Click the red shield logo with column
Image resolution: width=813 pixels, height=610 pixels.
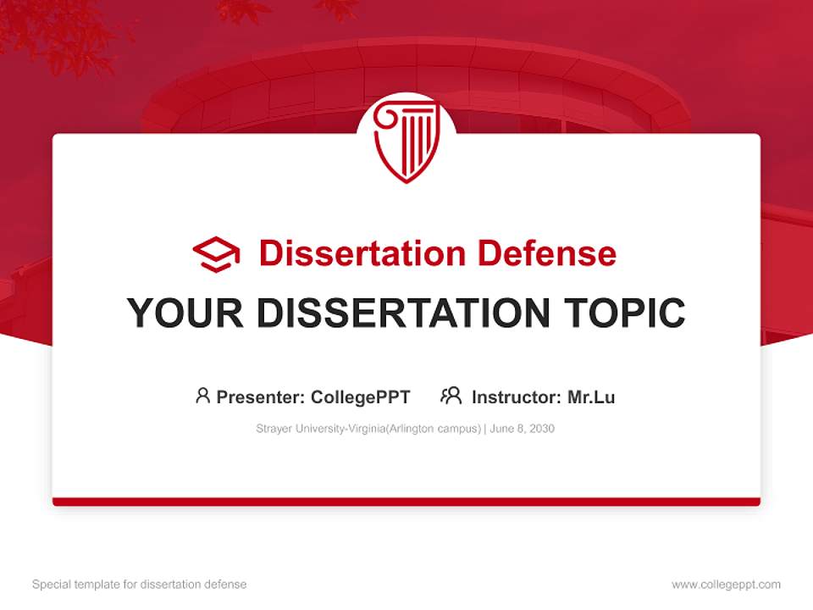[406, 140]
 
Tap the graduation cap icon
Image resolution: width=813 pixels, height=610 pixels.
[216, 254]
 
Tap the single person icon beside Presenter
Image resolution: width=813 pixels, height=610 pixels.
[202, 396]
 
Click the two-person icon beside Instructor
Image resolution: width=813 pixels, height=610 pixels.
[451, 396]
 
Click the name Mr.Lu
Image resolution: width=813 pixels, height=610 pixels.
[590, 397]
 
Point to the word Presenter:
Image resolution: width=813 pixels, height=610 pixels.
[261, 397]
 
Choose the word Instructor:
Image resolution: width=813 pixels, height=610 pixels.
[516, 397]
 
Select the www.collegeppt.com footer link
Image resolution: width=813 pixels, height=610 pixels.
[726, 585]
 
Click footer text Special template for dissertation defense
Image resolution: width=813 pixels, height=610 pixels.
[139, 585]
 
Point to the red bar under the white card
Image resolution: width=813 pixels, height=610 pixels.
[406, 502]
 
